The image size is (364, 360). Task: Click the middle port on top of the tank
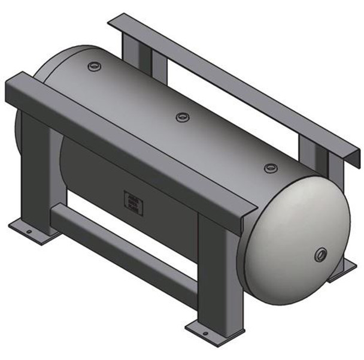(183, 117)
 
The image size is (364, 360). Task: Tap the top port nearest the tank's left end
(95, 66)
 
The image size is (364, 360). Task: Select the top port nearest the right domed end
(271, 168)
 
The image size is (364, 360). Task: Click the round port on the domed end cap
(321, 255)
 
